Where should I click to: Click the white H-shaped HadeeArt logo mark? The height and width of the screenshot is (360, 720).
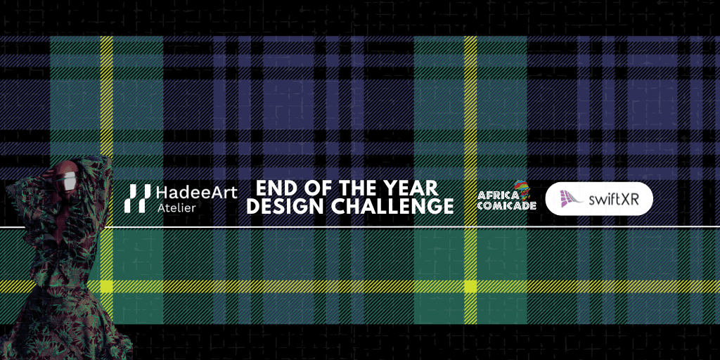click(x=137, y=198)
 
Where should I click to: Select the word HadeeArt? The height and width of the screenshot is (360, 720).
click(x=197, y=193)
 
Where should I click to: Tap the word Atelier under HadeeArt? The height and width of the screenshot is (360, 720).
click(x=176, y=207)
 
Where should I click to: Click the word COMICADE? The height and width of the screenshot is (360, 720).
click(x=506, y=205)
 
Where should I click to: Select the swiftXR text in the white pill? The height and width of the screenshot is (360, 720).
click(x=613, y=199)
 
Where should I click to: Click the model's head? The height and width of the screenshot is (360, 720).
click(x=65, y=176)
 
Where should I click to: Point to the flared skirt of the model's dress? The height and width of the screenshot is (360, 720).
click(x=60, y=321)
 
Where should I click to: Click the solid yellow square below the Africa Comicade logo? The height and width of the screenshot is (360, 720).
click(x=470, y=287)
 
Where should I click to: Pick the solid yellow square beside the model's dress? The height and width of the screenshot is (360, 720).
click(x=107, y=287)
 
